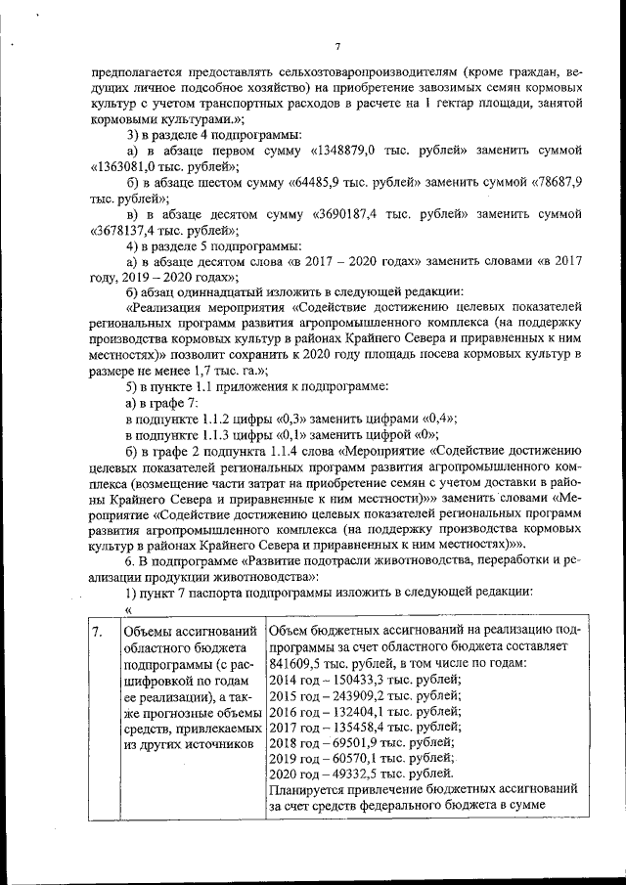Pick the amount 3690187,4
tap(353, 215)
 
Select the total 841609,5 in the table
tap(296, 663)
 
